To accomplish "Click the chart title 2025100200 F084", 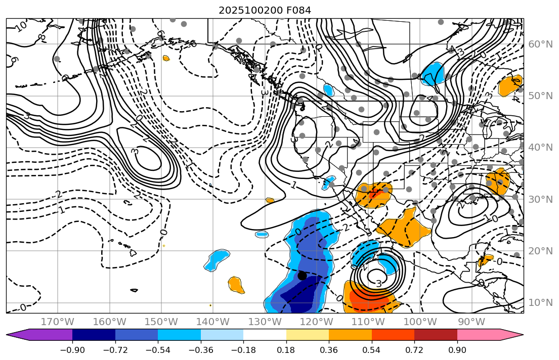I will (265, 10).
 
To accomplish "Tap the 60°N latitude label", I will (540, 44).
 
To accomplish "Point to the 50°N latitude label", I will (540, 96).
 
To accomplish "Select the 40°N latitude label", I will (540, 147).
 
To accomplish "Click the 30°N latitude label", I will (540, 199).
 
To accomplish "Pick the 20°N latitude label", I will (540, 251).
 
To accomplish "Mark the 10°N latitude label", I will (540, 302).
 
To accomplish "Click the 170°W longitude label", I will (58, 322).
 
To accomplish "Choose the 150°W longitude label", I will (161, 322).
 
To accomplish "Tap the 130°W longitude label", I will (265, 322).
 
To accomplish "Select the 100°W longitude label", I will (420, 322).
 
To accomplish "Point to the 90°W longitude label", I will (471, 322).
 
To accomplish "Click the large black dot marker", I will (302, 276).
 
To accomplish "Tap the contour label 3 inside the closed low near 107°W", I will (378, 284).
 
